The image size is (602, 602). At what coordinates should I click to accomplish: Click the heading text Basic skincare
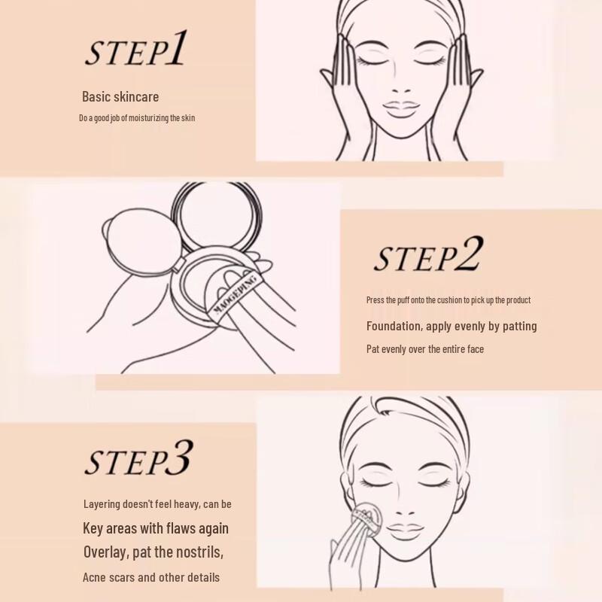[120, 96]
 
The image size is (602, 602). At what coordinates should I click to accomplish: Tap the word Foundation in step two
[394, 326]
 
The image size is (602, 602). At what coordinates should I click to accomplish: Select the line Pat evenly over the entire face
[425, 349]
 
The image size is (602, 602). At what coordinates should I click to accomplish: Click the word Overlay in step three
[105, 552]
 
